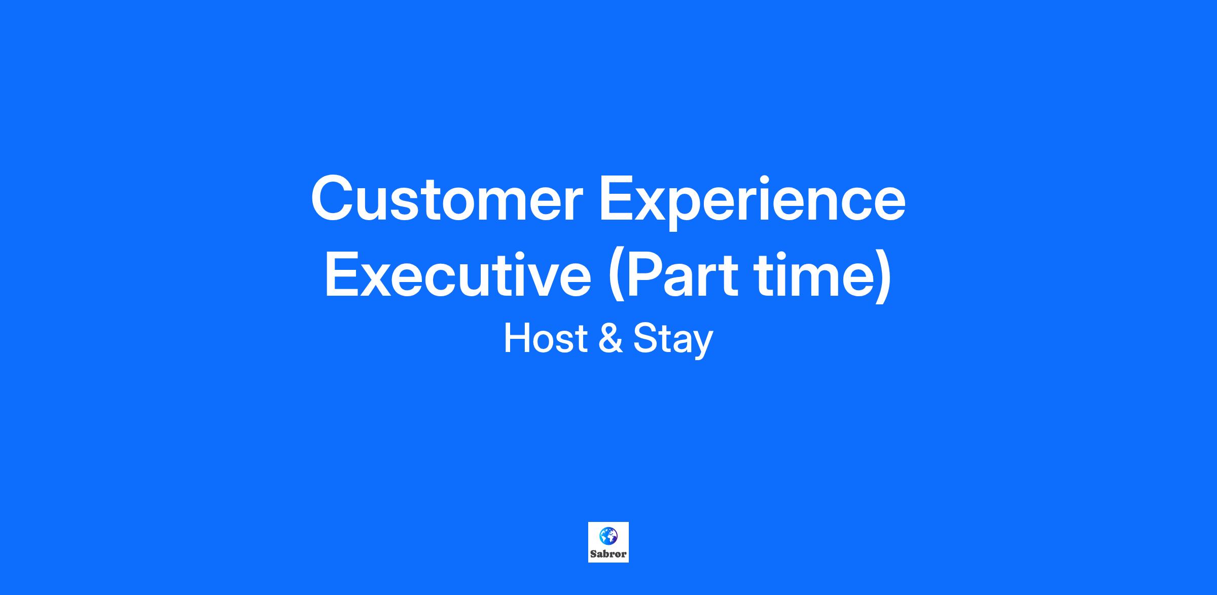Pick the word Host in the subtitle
[x=545, y=339]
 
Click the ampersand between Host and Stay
[x=610, y=339]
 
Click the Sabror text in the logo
[x=608, y=554]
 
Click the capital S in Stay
[x=645, y=339]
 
